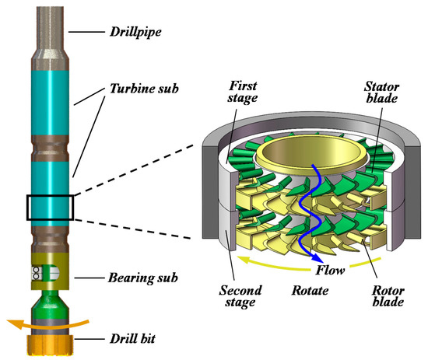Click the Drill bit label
[x=136, y=341]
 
